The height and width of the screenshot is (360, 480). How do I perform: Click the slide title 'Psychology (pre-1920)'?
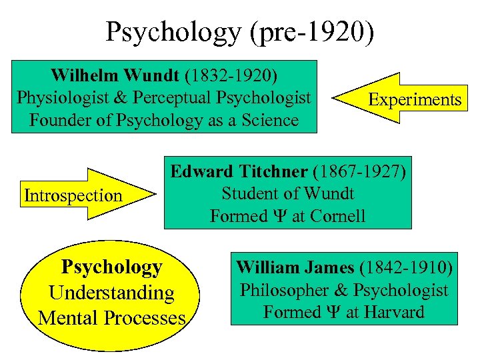click(240, 31)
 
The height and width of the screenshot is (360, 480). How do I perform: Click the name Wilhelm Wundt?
click(113, 73)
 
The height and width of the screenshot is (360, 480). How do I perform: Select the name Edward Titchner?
click(239, 171)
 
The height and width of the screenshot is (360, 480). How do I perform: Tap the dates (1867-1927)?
click(358, 171)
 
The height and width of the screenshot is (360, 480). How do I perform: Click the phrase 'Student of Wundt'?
click(287, 194)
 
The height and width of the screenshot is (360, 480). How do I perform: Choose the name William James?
click(295, 268)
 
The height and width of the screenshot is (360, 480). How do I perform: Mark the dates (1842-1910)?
click(406, 268)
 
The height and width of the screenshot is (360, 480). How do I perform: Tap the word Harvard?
click(395, 312)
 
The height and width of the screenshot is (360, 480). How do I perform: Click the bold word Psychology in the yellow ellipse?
click(111, 267)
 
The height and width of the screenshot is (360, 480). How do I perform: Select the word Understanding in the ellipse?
click(111, 292)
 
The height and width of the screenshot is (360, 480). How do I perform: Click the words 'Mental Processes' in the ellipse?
click(111, 317)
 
